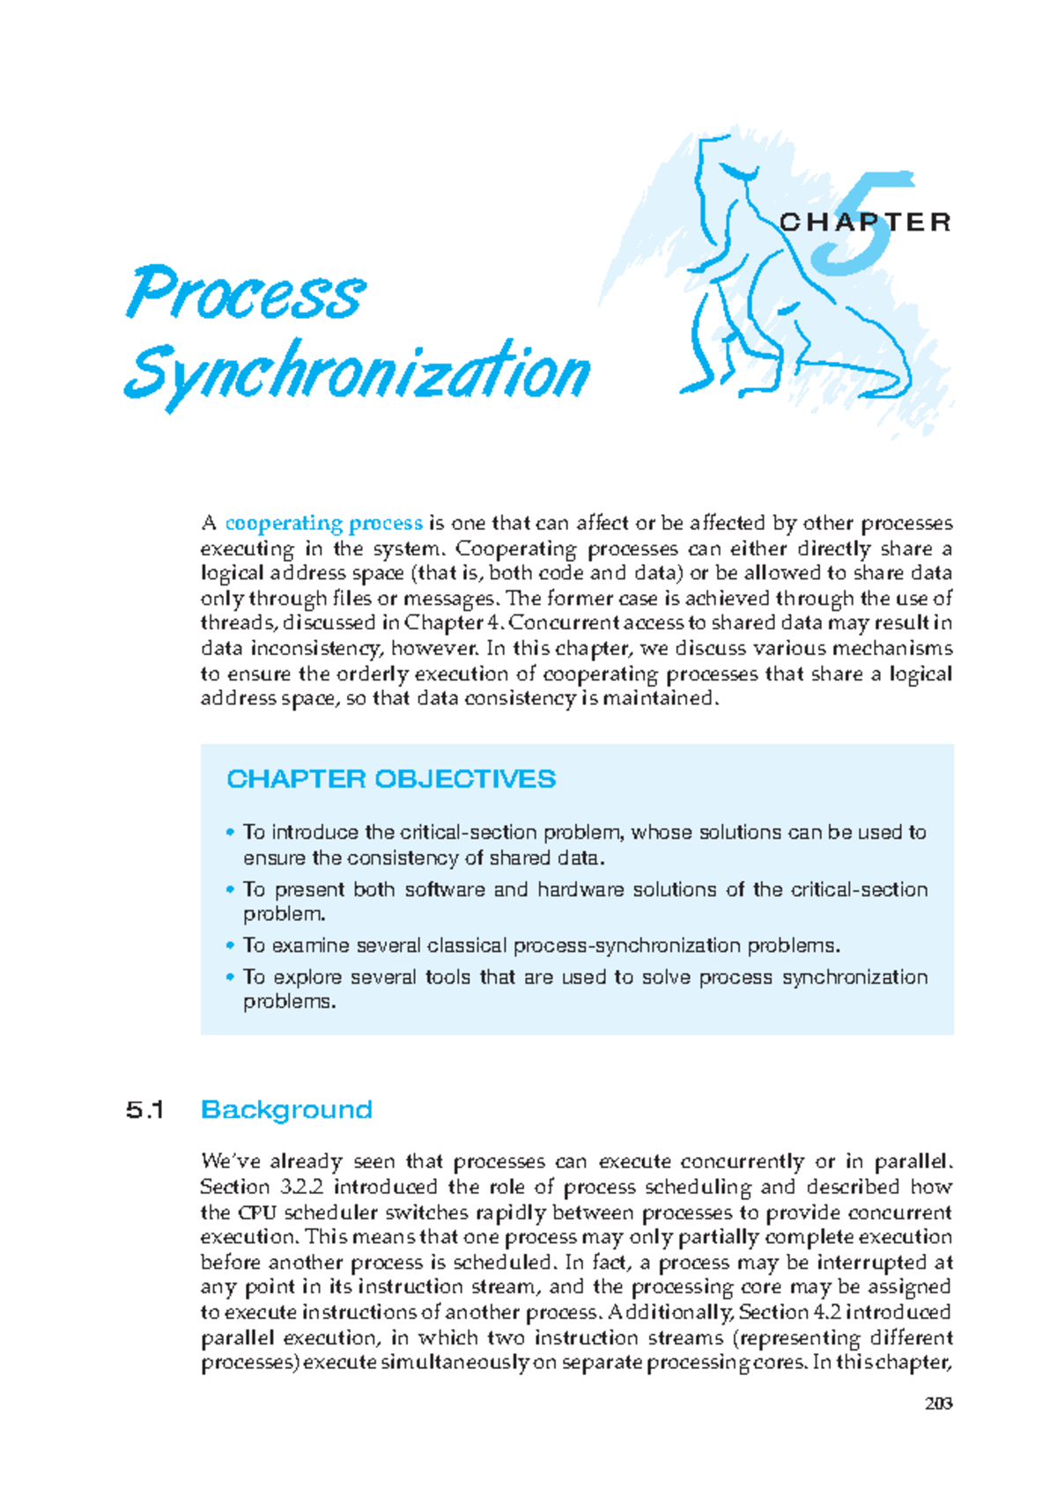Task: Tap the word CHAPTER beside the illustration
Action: coord(864,222)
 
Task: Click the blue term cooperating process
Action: coord(323,524)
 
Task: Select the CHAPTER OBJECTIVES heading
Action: coord(390,779)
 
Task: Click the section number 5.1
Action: coord(145,1109)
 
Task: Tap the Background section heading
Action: coord(286,1109)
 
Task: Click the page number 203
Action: coord(938,1403)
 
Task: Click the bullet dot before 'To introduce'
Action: coord(230,832)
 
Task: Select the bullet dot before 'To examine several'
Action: coord(230,945)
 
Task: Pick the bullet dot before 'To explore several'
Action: coord(230,976)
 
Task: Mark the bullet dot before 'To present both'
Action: coord(230,889)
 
